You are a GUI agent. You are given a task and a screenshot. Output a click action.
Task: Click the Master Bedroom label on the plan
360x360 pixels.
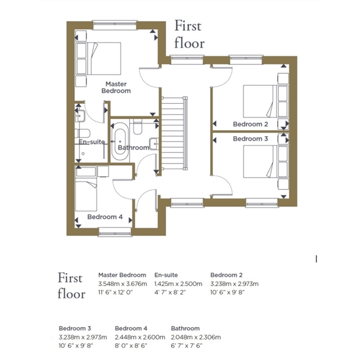tap(116, 88)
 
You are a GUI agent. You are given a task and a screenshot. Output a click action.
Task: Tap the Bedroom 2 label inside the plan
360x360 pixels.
tap(250, 124)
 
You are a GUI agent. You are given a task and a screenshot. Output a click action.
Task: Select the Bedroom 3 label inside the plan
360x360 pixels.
tap(250, 139)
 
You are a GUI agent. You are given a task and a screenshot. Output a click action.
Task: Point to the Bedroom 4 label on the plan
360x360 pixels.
tap(105, 217)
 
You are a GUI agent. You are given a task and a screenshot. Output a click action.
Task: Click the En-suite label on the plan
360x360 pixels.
tap(92, 142)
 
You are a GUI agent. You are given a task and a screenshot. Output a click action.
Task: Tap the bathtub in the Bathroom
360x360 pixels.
tap(120, 142)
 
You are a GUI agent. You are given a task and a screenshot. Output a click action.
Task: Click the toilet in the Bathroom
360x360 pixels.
tap(138, 127)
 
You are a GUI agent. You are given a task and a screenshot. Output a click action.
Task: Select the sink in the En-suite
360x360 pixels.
tap(80, 116)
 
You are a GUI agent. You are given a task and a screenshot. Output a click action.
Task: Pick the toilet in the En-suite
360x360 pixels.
tap(83, 133)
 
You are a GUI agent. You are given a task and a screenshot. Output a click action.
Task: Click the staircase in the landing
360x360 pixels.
tap(175, 133)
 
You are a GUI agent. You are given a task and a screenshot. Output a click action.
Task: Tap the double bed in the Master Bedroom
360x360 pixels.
tap(98, 58)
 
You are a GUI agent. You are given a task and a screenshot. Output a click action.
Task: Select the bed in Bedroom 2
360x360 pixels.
tap(266, 101)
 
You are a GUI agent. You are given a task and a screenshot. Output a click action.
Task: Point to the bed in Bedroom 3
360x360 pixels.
tap(266, 161)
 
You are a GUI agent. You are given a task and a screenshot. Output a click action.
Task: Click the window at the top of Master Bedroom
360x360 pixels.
tap(115, 25)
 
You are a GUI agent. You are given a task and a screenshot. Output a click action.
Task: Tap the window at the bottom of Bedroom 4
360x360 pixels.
tap(115, 232)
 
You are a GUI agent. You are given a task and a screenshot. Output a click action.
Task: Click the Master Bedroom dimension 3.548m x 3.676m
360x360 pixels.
tap(122, 284)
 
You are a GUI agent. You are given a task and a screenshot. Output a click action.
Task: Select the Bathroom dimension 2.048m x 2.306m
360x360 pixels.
tap(196, 337)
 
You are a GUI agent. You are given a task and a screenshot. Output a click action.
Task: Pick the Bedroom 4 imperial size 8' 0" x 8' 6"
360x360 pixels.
tap(131, 346)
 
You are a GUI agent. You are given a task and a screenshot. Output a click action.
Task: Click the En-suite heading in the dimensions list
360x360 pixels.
tap(166, 275)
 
